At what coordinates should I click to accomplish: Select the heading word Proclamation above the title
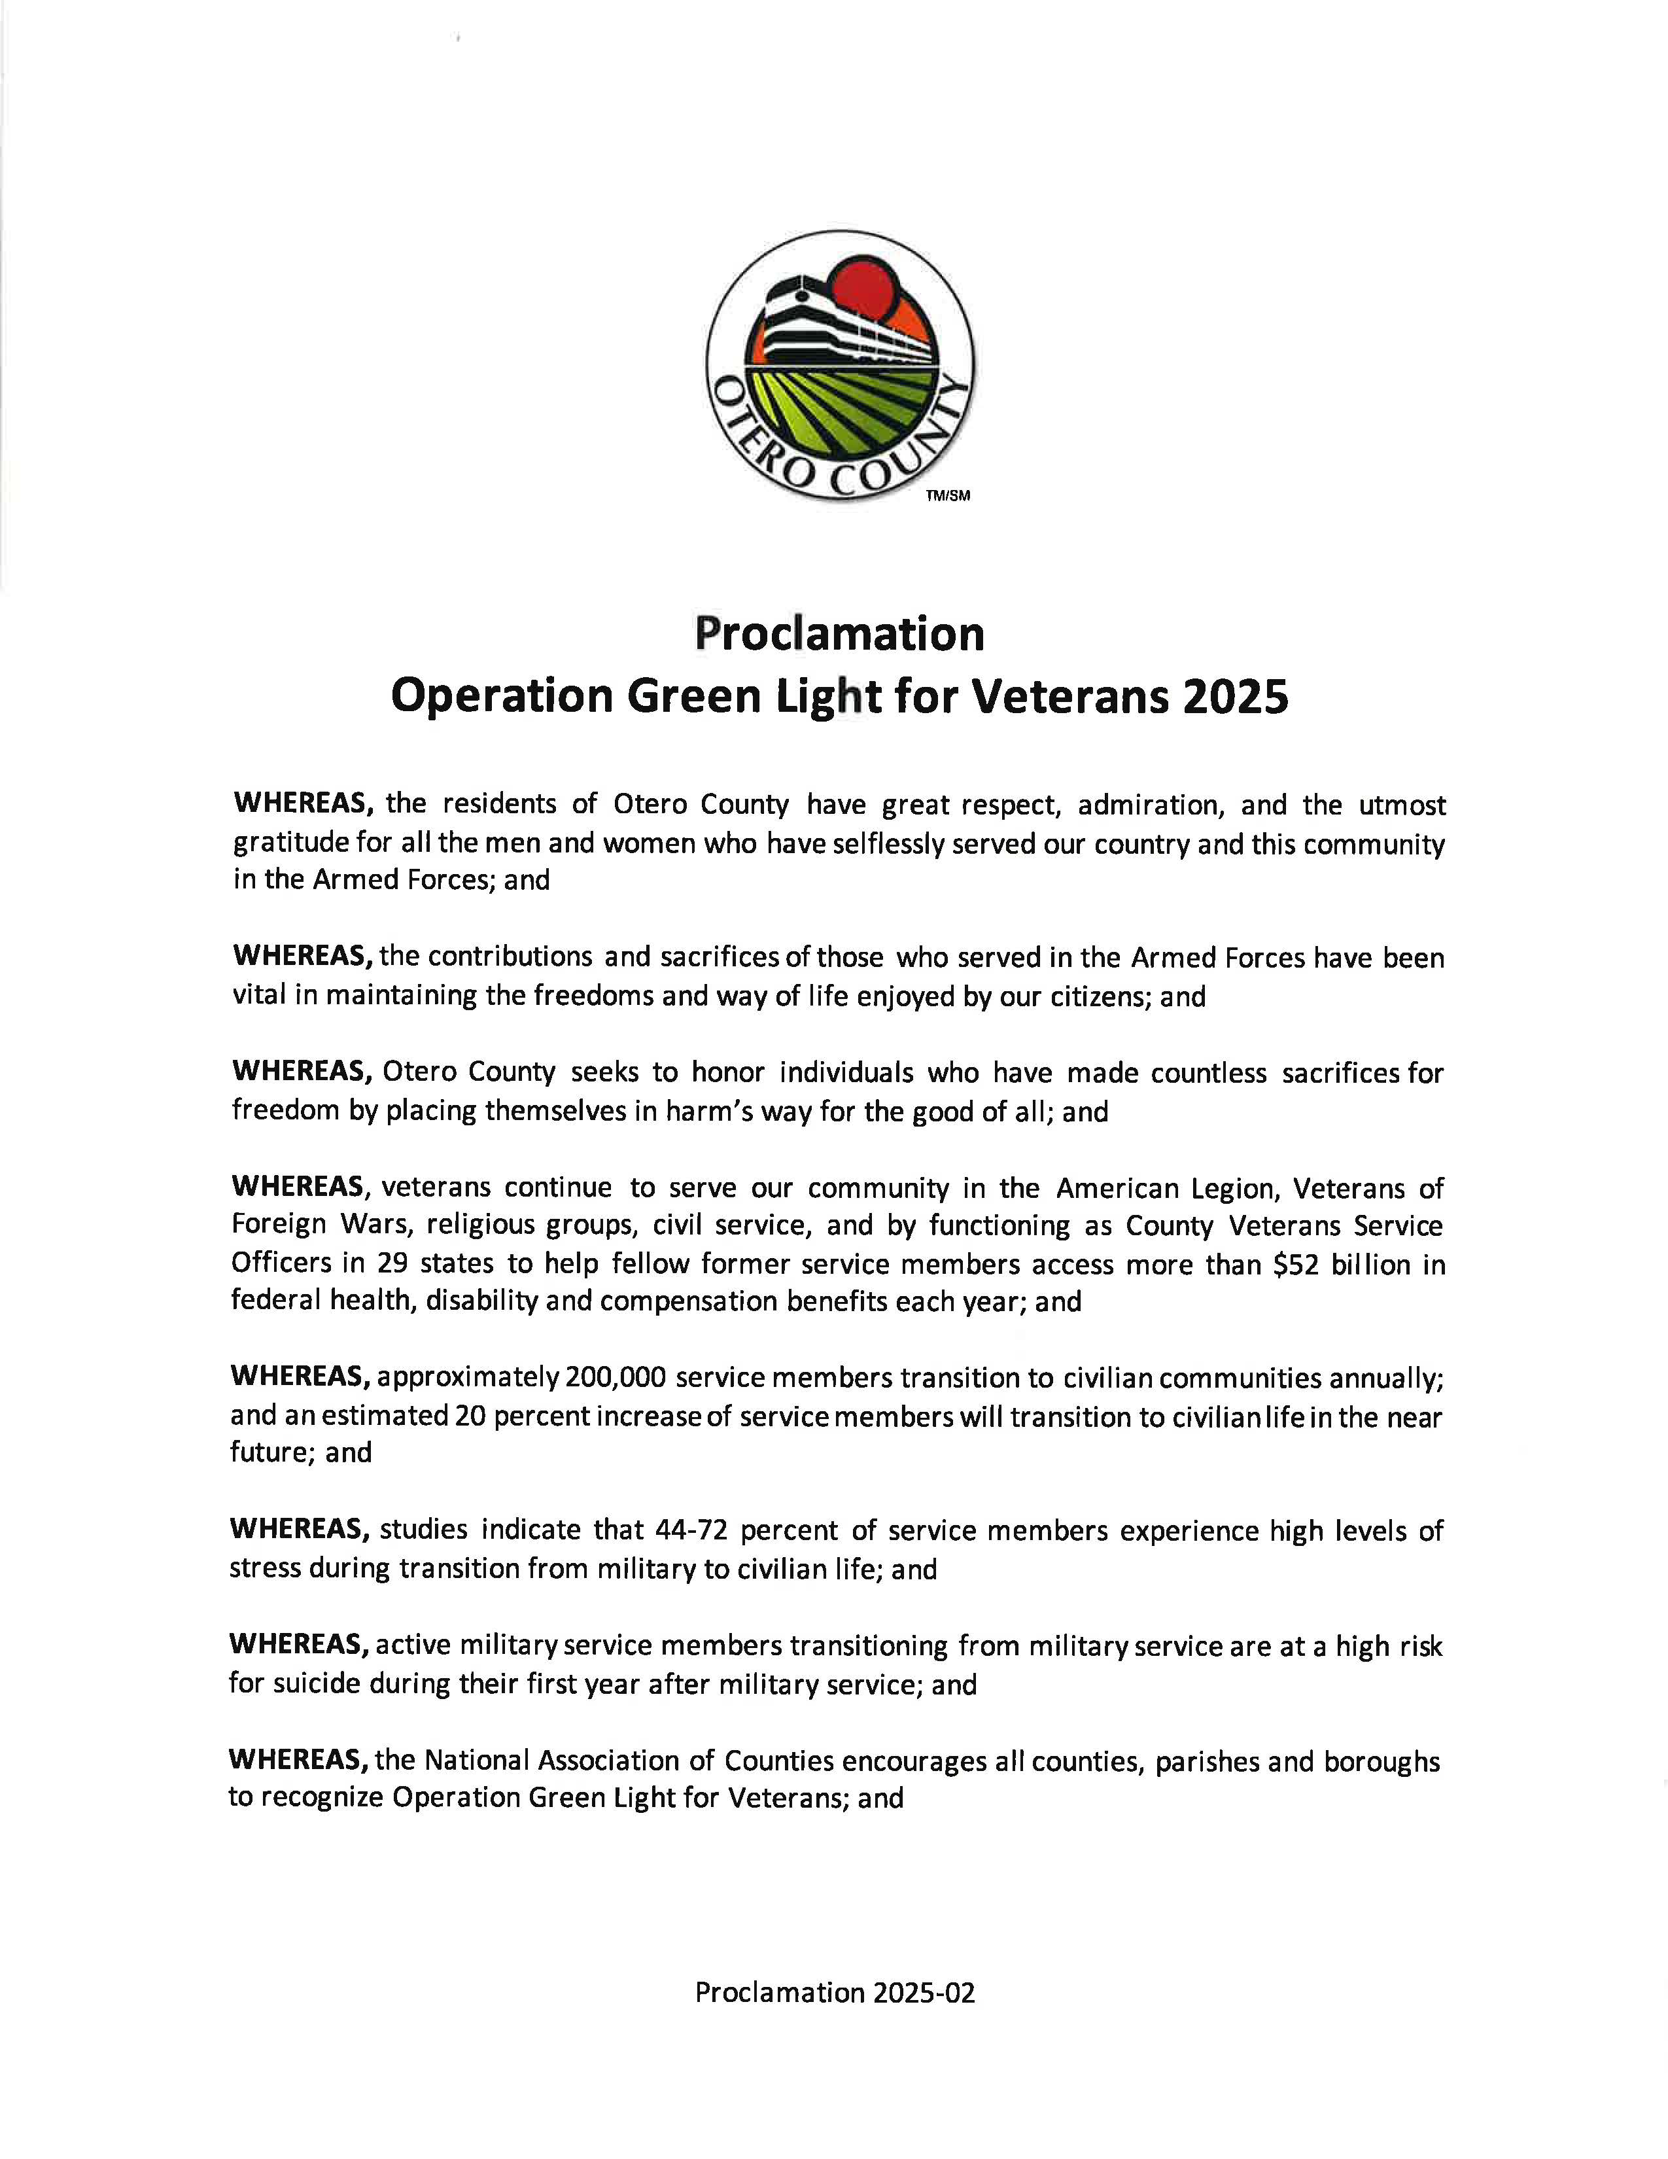839,634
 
